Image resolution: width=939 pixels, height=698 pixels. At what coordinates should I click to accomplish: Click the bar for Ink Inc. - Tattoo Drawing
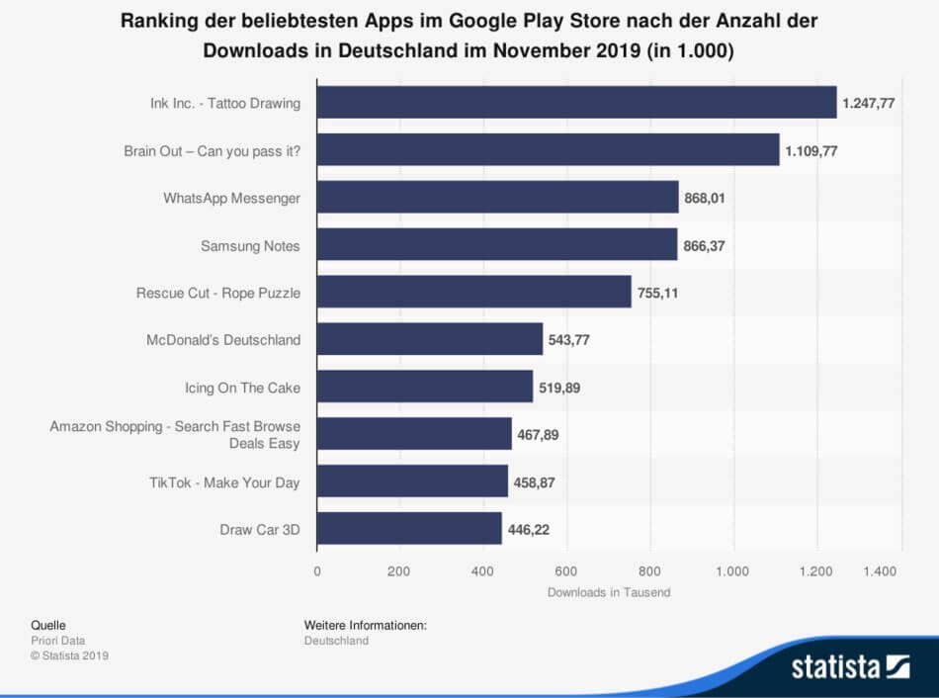click(x=576, y=103)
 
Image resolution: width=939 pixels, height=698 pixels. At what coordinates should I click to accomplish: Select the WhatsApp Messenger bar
click(x=497, y=197)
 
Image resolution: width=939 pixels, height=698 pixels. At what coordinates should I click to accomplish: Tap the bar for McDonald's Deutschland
click(x=430, y=339)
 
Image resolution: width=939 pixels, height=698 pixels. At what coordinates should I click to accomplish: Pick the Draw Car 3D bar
click(x=409, y=528)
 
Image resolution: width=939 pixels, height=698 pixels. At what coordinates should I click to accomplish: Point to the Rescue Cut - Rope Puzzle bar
click(x=474, y=292)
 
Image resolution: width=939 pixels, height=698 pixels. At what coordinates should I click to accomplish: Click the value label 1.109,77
click(x=811, y=151)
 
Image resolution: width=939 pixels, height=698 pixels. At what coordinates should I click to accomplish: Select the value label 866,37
click(x=704, y=245)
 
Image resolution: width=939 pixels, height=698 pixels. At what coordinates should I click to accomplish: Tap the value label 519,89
click(x=559, y=388)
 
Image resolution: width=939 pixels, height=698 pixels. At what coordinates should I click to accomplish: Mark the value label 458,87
click(x=534, y=482)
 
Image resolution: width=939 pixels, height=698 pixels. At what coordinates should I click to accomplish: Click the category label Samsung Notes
click(x=250, y=245)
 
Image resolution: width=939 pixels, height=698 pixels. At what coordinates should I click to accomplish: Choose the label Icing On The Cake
click(x=242, y=388)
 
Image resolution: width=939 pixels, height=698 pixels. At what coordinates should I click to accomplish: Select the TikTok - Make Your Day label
click(x=224, y=482)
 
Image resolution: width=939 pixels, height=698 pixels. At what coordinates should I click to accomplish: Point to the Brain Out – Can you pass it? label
click(x=212, y=151)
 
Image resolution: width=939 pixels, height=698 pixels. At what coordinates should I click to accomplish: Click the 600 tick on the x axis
click(x=566, y=571)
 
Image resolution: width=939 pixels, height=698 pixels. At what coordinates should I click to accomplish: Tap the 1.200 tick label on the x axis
click(x=815, y=571)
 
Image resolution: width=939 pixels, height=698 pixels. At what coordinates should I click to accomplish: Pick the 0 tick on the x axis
click(x=317, y=571)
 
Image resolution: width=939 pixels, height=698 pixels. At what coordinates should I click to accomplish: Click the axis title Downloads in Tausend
click(x=609, y=592)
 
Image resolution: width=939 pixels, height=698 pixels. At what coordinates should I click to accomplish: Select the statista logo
click(x=850, y=666)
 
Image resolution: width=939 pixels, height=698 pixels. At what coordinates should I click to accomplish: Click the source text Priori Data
click(x=58, y=641)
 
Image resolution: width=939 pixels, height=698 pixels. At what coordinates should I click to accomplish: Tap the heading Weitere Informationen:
click(x=366, y=625)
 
